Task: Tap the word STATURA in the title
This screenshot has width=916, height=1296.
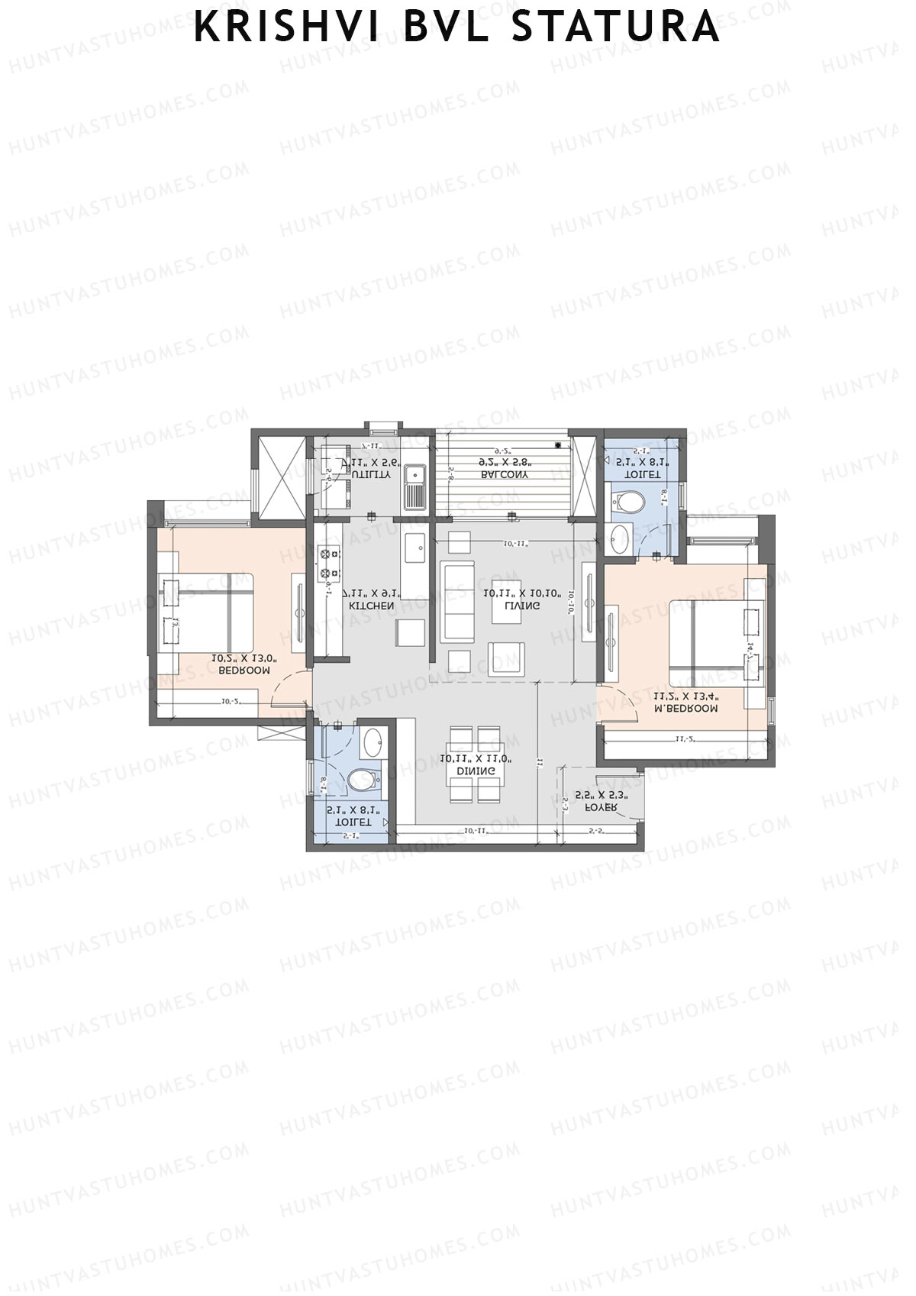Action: [615, 27]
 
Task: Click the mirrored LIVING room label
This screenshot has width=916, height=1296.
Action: [523, 606]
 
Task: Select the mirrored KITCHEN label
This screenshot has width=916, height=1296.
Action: [372, 606]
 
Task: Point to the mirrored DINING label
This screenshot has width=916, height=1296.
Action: [476, 771]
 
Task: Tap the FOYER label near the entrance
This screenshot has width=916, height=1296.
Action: [601, 807]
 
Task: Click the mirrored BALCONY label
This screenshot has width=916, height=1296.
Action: [505, 474]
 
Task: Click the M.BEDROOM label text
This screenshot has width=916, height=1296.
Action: [685, 708]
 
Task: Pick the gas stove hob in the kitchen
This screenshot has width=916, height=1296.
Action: [330, 563]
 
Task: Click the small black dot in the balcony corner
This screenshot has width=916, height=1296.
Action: [560, 444]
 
